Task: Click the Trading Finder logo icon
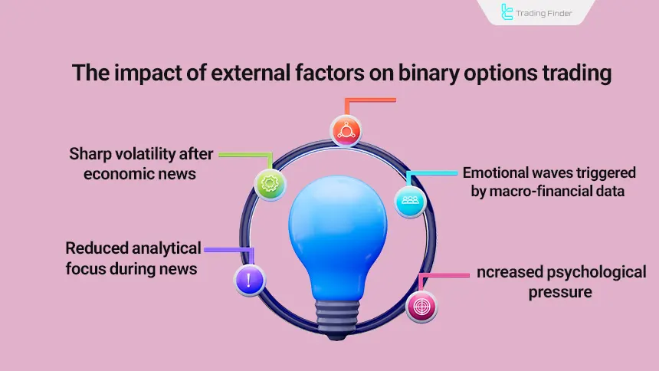tap(507, 12)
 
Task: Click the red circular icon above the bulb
tap(346, 130)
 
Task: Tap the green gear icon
tap(270, 185)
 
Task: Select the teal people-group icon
tap(410, 201)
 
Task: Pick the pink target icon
tap(421, 306)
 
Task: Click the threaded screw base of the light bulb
tap(335, 311)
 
